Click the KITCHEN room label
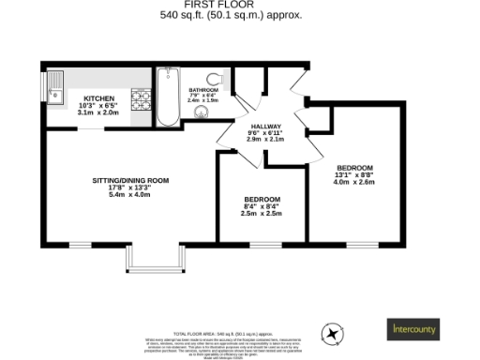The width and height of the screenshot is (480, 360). [x=98, y=97]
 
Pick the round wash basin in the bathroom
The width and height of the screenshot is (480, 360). [x=199, y=113]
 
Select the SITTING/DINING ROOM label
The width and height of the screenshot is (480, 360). [x=129, y=180]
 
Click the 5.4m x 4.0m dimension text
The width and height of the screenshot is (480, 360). [x=129, y=195]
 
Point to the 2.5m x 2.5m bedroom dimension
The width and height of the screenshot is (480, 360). [x=262, y=214]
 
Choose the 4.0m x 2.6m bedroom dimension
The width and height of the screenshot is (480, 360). [x=354, y=182]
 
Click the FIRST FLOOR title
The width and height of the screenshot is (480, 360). [x=240, y=5]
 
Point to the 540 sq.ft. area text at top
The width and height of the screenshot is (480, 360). [x=240, y=15]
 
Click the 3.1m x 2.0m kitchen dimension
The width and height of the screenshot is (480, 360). [x=98, y=112]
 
